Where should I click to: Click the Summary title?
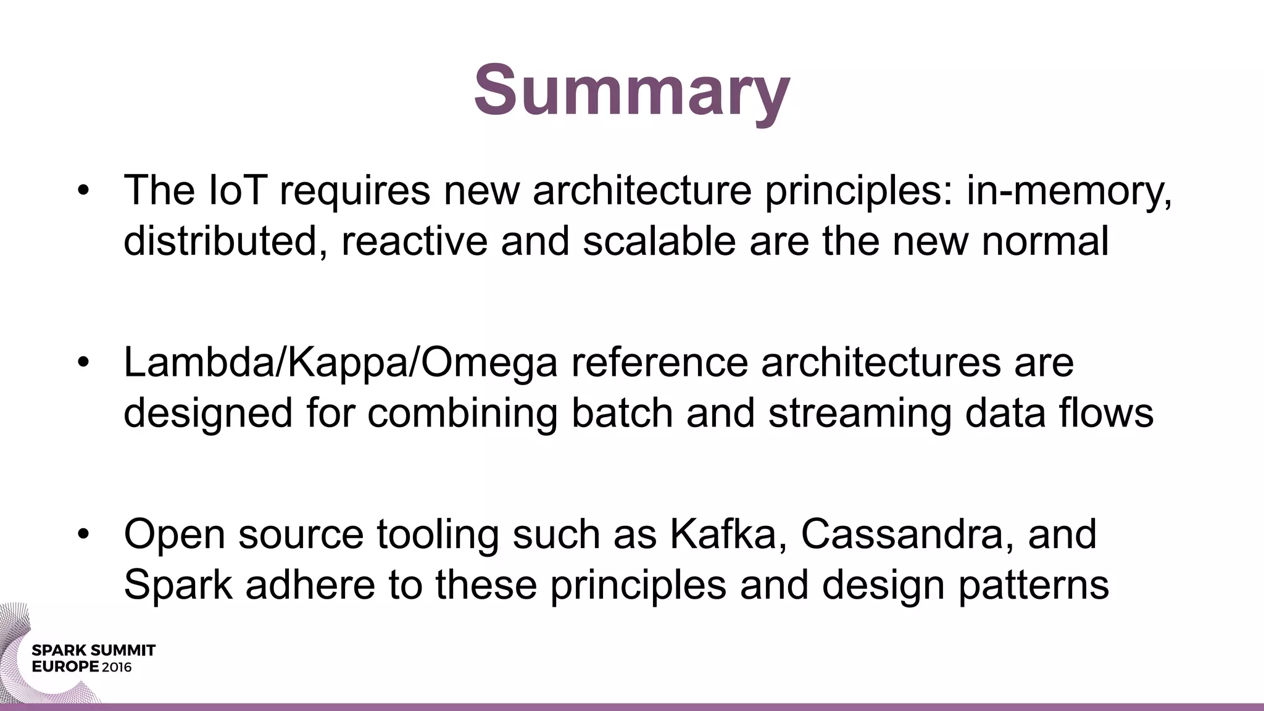click(x=631, y=90)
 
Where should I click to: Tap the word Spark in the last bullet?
click(x=178, y=584)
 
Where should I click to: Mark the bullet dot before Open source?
click(x=84, y=534)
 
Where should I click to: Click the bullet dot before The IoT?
click(x=84, y=190)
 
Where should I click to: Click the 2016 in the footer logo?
click(x=117, y=667)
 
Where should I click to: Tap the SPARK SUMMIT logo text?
click(x=93, y=651)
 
